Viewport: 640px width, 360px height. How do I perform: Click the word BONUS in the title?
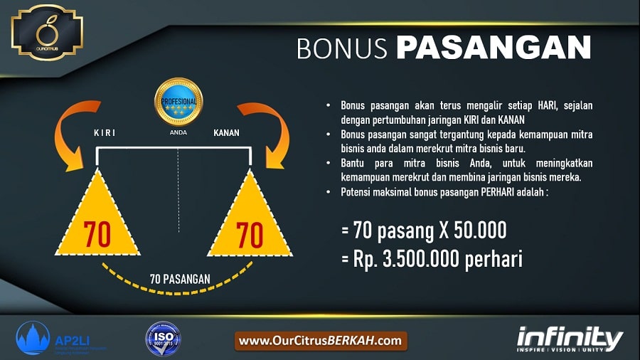coord(342,48)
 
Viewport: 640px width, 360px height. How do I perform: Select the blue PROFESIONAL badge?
coord(179,102)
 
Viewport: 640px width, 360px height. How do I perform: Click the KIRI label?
coord(104,133)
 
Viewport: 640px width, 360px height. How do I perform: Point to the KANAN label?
coord(227,133)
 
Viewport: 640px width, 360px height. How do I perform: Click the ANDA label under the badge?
coord(178,132)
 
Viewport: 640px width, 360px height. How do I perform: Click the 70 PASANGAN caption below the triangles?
coord(179,278)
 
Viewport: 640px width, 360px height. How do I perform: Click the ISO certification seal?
coord(164,339)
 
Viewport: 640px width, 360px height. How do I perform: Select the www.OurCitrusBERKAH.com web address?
coord(321,341)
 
